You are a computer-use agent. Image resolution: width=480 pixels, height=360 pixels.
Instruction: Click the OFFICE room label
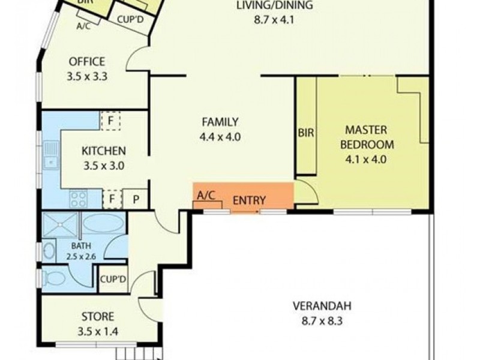pos(87,62)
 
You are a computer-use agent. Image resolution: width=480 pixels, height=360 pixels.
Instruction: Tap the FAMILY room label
pos(220,122)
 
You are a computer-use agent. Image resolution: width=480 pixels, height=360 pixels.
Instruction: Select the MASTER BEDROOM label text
pos(367,137)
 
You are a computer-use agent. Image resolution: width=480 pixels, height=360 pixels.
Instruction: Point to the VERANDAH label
pos(322,306)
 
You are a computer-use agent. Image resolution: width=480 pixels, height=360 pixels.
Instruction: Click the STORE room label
pos(98,316)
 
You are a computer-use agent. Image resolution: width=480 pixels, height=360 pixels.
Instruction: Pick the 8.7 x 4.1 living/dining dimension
pos(274,20)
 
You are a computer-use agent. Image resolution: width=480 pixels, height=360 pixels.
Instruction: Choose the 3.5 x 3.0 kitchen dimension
pos(104,166)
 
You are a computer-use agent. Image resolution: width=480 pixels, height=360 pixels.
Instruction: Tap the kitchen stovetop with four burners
pos(79,199)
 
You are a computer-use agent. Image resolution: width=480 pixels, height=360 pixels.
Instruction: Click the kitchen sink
pos(51,155)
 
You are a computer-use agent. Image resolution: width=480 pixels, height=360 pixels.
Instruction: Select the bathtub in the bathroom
pos(103,223)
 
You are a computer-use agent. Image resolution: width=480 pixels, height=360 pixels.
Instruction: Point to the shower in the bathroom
pos(61,225)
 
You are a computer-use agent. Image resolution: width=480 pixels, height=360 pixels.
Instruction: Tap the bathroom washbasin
pos(49,251)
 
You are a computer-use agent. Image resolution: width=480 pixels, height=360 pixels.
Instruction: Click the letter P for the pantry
pos(136,199)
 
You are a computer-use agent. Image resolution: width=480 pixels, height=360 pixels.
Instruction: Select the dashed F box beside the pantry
pos(112,199)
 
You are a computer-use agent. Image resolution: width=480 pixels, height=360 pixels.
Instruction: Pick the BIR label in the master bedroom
pos(306,133)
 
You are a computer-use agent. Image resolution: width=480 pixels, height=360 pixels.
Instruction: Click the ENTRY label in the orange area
pos(249,200)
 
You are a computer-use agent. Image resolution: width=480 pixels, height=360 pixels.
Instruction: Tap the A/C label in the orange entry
pos(206,196)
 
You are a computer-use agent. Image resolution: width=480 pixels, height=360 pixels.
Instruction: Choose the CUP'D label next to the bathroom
pos(113,279)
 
